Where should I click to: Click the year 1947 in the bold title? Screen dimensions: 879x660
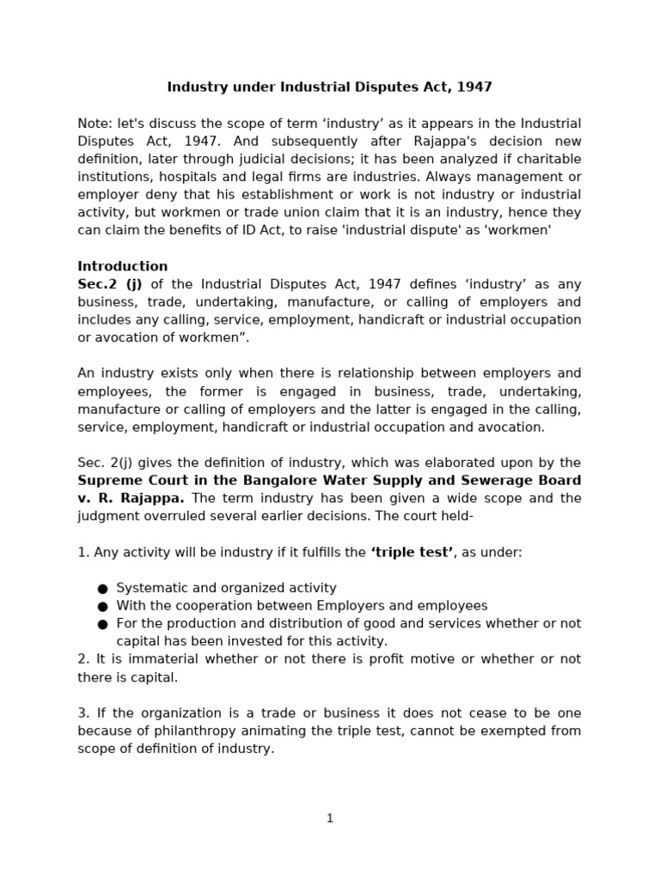474,88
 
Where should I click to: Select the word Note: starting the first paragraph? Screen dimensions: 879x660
94,124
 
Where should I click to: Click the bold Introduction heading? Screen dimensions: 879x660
123,266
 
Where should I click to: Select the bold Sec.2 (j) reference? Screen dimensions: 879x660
110,284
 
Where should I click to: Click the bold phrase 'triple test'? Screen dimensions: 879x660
412,553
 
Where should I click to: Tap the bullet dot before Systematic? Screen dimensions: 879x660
102,588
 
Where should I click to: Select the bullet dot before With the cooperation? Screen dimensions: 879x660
102,606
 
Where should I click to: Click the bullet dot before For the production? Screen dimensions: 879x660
102,624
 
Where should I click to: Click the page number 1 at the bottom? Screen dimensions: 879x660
330,819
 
